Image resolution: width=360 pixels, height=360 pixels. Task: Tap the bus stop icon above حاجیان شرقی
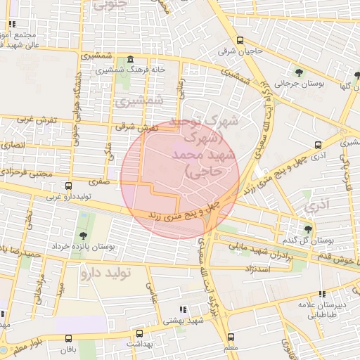(x=240, y=40)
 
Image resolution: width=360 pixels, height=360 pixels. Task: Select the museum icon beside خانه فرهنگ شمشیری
(x=131, y=60)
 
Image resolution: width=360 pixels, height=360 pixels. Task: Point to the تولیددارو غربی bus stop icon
(x=67, y=186)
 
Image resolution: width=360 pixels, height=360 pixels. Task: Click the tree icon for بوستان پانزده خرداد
(x=84, y=236)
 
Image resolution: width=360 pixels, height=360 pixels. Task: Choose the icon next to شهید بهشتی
(x=183, y=309)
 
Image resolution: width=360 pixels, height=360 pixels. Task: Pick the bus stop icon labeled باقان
(x=68, y=338)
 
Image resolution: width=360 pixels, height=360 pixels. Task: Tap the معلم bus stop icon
(x=231, y=337)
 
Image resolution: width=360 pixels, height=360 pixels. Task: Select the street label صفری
(x=99, y=181)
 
